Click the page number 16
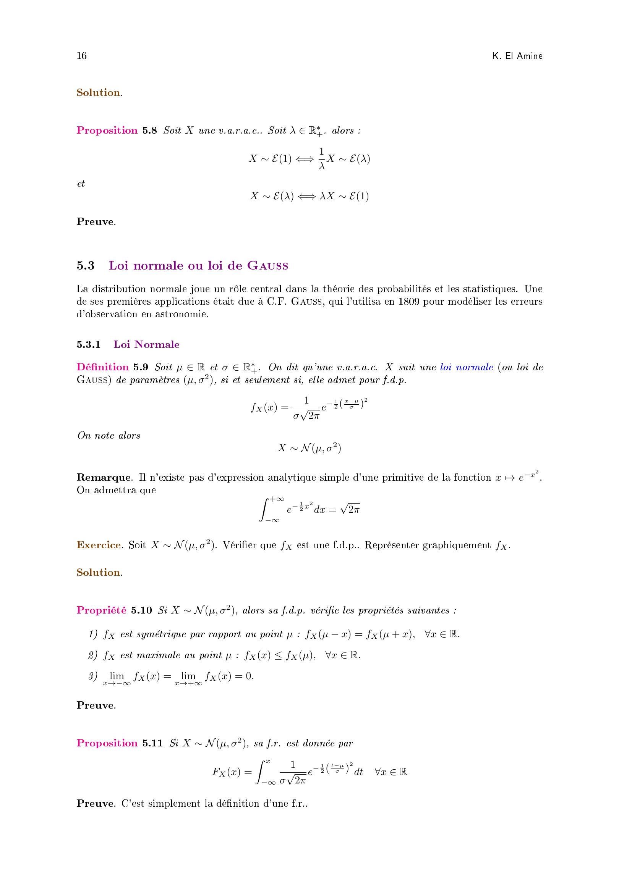tap(81, 56)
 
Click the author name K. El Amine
tap(517, 56)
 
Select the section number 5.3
tap(85, 266)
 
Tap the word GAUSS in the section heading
tap(268, 266)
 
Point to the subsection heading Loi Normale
tap(146, 345)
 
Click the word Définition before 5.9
tap(102, 367)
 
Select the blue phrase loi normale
tap(467, 367)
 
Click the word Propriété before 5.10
tap(101, 610)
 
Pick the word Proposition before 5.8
tap(107, 130)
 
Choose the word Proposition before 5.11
tap(107, 743)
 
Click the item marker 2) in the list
tap(92, 656)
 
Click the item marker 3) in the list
tap(92, 677)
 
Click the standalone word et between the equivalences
tap(81, 184)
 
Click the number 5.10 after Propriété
tap(141, 610)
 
